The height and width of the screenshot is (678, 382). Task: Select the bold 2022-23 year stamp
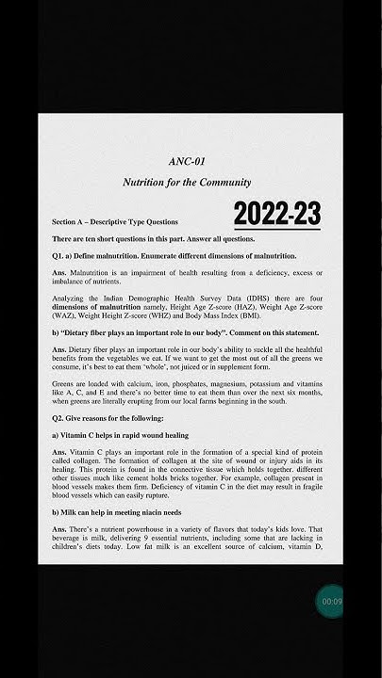277,214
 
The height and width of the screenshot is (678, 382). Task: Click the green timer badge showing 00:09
331,601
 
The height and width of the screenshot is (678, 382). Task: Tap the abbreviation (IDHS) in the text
232,299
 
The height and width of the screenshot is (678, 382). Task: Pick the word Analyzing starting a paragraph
69,299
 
